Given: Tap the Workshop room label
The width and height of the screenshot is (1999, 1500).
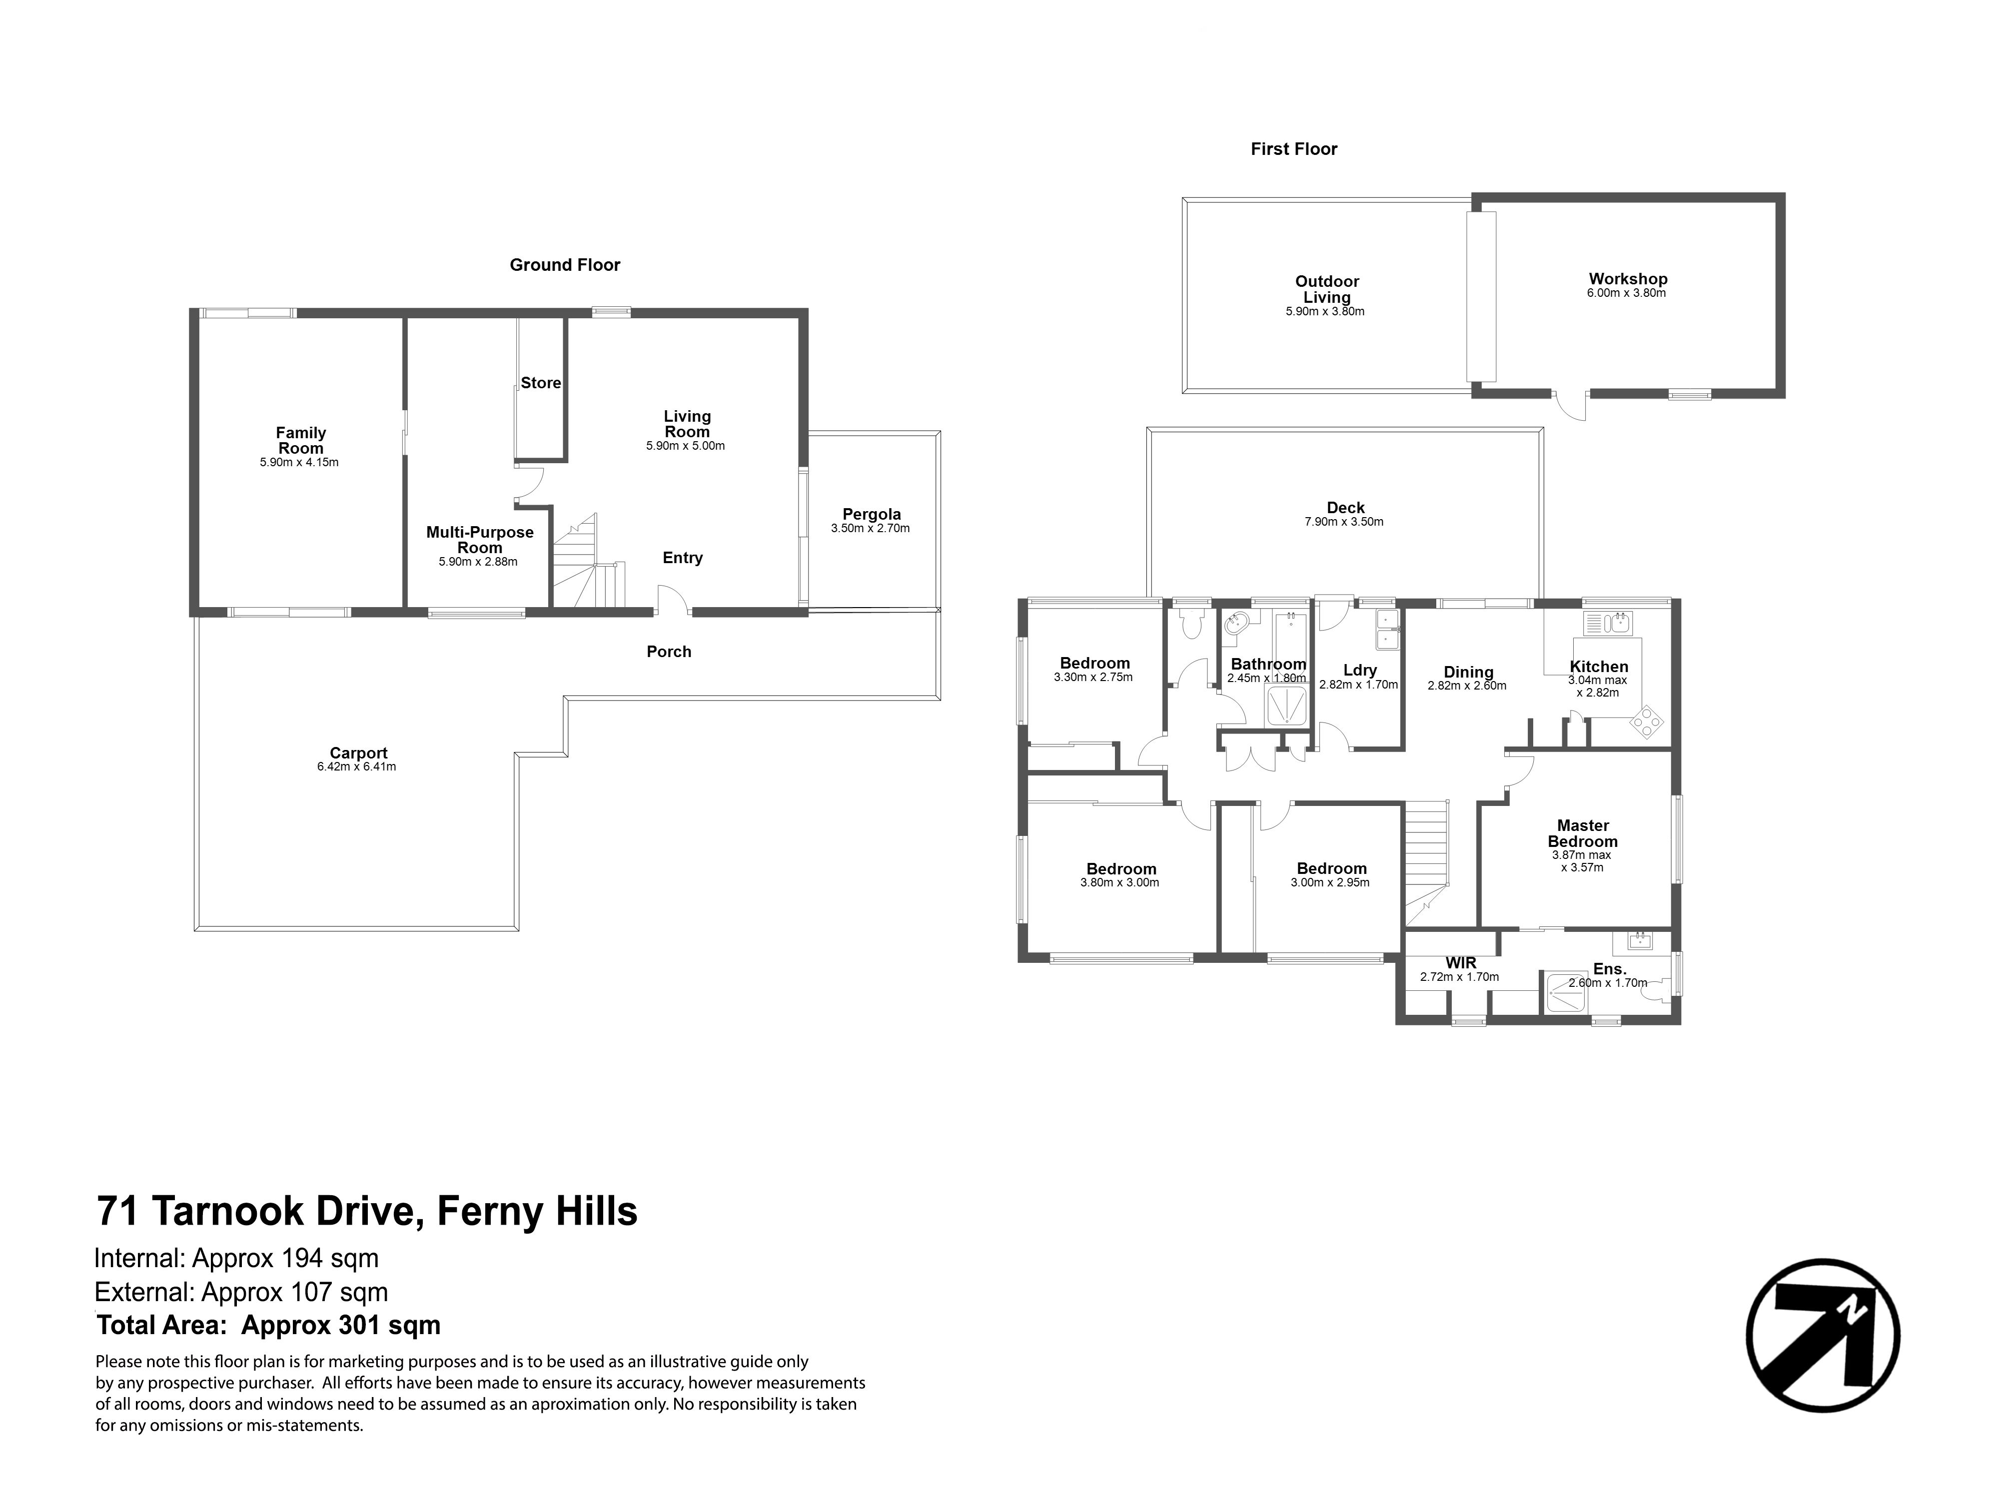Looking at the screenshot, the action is pyautogui.click(x=1628, y=279).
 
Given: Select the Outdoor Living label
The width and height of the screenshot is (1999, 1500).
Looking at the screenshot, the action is pyautogui.click(x=1327, y=289).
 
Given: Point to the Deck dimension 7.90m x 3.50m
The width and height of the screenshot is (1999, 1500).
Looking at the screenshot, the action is pyautogui.click(x=1344, y=522).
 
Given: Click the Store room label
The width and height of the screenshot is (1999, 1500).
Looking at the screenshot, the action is pyautogui.click(x=540, y=383).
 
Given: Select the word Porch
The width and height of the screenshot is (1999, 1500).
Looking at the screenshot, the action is pyautogui.click(x=669, y=652).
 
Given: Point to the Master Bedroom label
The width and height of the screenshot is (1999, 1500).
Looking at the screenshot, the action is pyautogui.click(x=1582, y=833).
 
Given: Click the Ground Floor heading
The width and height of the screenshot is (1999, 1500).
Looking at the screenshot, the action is pyautogui.click(x=565, y=265).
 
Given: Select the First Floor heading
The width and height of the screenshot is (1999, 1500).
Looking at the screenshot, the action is pyautogui.click(x=1293, y=149).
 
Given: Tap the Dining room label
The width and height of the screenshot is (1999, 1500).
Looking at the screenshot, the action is pyautogui.click(x=1468, y=672).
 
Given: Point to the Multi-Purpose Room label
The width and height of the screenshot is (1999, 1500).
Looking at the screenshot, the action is pyautogui.click(x=480, y=540).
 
